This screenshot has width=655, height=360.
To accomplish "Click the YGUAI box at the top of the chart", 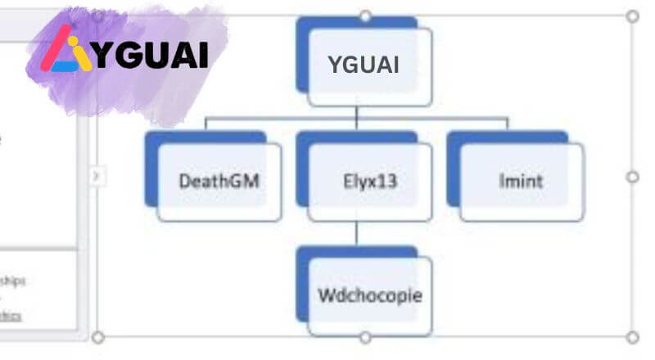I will coord(369,65).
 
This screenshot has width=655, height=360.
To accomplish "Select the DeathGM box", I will coord(219,181).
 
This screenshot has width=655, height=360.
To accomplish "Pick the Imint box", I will coord(521,181).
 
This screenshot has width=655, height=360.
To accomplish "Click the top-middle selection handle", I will coord(365,16).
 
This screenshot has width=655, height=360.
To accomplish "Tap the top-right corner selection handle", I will coord(632,16).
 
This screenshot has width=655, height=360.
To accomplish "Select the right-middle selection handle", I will coord(632,176).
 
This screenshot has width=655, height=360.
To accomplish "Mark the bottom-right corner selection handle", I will coord(632,336).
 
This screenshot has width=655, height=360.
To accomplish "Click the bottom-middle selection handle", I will coord(365,336).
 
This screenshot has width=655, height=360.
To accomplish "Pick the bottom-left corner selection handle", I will coord(98,336).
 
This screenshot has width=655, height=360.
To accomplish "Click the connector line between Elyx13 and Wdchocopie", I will coord(357,233).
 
